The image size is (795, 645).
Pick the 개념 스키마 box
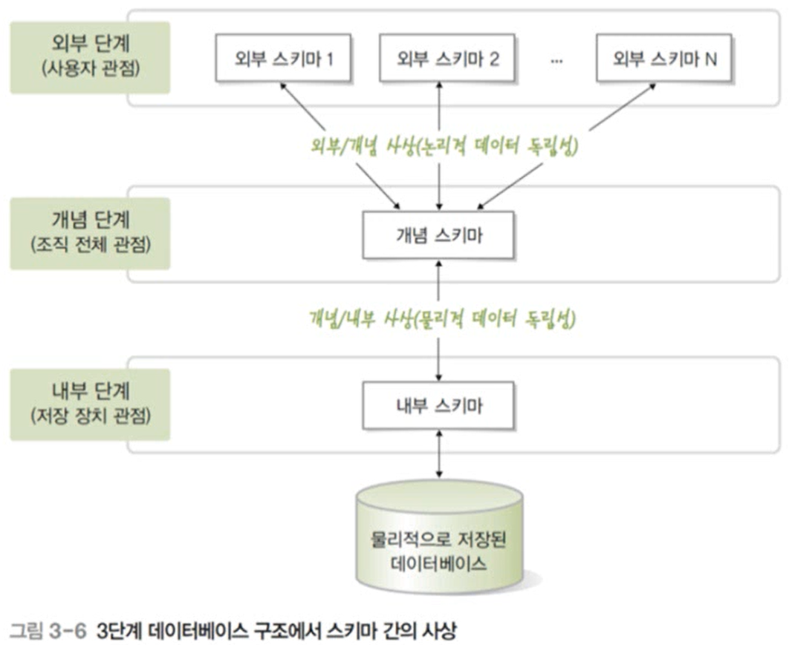pos(439,234)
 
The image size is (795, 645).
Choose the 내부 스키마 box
pos(439,406)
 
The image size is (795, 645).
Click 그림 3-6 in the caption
pos(48,632)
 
